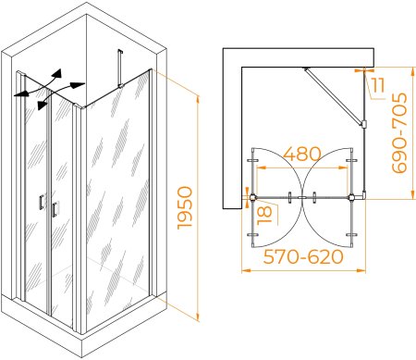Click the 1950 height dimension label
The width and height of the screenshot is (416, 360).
(x=185, y=207)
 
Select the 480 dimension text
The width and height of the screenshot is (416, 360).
(x=302, y=154)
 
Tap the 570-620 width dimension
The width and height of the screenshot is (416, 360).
(x=303, y=256)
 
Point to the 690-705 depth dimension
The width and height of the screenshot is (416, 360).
(x=399, y=132)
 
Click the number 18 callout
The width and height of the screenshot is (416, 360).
(x=264, y=215)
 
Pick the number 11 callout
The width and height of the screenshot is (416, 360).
(x=377, y=85)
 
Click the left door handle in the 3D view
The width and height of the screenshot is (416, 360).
(x=42, y=203)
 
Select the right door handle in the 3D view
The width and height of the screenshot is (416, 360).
(x=55, y=209)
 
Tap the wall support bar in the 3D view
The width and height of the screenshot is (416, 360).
(x=120, y=68)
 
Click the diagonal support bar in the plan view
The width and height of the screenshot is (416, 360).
(x=334, y=96)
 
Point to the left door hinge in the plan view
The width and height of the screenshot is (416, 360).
(x=252, y=197)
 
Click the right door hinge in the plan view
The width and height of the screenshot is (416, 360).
(x=351, y=197)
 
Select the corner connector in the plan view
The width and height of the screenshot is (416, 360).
(x=362, y=195)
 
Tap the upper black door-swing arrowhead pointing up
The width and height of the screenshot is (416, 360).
(x=57, y=74)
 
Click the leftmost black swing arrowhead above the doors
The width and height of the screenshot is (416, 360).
(x=20, y=93)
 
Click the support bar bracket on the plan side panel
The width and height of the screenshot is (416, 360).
(x=364, y=124)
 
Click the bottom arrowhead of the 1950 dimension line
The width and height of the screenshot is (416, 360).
(x=198, y=317)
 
